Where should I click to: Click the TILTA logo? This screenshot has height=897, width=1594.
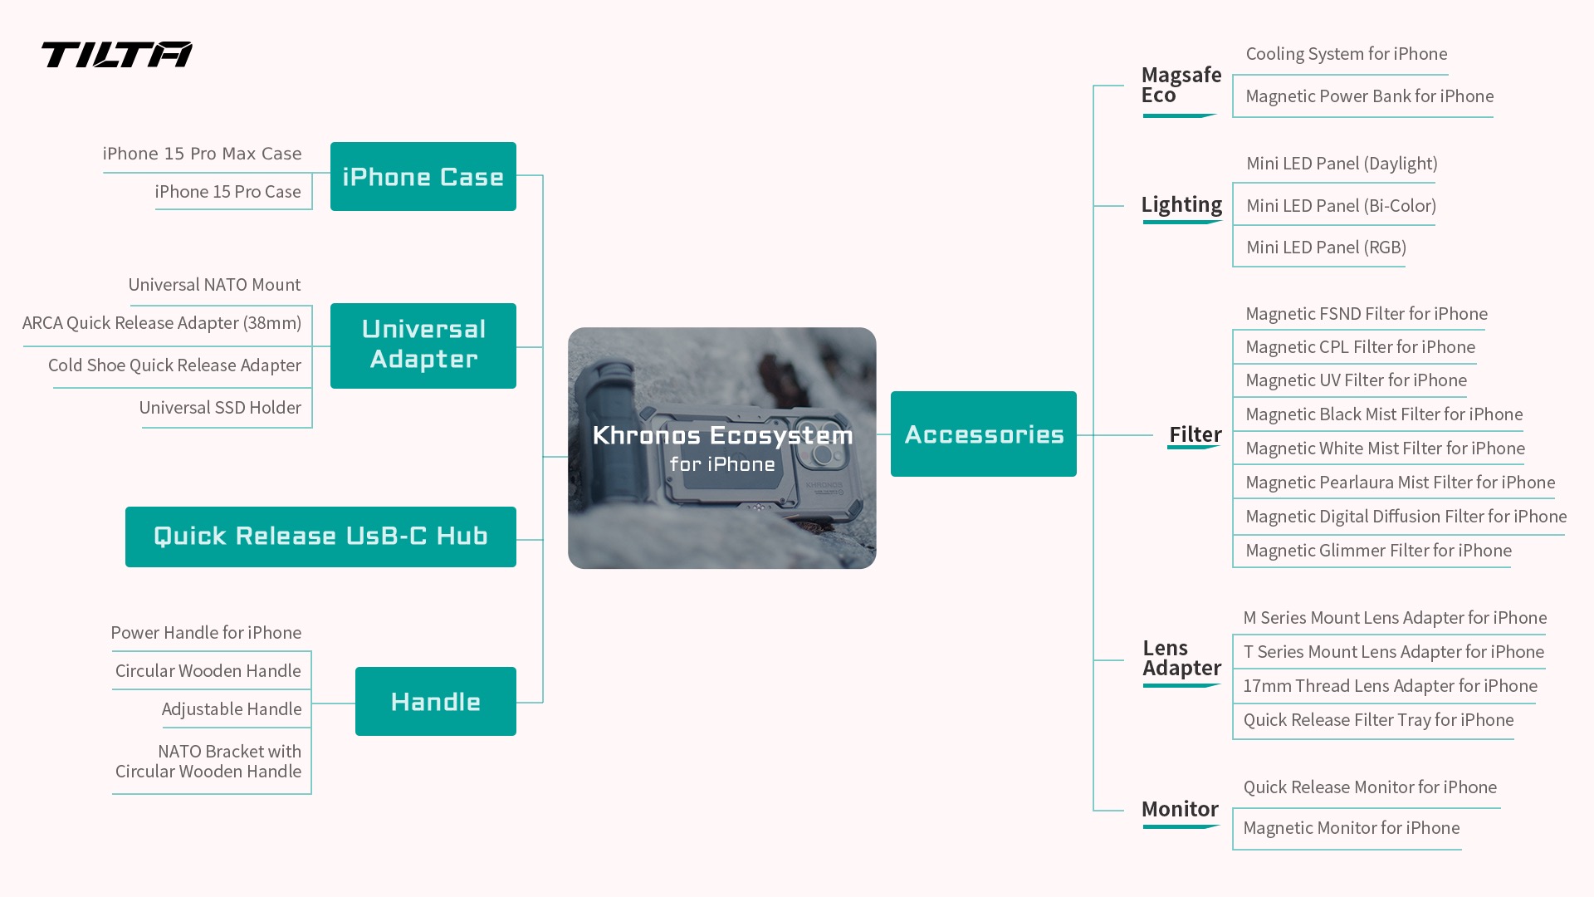pyautogui.click(x=117, y=55)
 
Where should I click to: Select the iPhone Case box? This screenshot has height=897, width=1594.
pyautogui.click(x=423, y=176)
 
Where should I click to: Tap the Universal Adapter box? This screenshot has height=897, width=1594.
pyautogui.click(x=423, y=346)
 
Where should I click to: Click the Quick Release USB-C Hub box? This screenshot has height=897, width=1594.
pyautogui.click(x=320, y=537)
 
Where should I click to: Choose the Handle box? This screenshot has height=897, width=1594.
pyautogui.click(x=436, y=701)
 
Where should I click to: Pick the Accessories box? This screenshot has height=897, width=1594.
pyautogui.click(x=984, y=434)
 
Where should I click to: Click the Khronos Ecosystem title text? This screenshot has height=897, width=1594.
pyautogui.click(x=722, y=435)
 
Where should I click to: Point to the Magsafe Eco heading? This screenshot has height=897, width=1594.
pyautogui.click(x=1181, y=85)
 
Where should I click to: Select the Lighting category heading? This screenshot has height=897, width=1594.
pyautogui.click(x=1181, y=204)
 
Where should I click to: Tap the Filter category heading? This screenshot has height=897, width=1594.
pyautogui.click(x=1195, y=434)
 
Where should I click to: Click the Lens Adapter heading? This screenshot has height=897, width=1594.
pyautogui.click(x=1182, y=658)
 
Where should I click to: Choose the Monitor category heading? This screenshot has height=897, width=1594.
pyautogui.click(x=1180, y=809)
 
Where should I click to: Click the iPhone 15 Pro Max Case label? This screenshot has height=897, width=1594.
pyautogui.click(x=203, y=154)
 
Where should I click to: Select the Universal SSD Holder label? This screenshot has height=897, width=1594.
pyautogui.click(x=220, y=408)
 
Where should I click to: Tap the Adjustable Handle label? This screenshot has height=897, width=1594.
pyautogui.click(x=232, y=709)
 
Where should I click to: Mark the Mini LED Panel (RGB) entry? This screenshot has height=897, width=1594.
pyautogui.click(x=1327, y=248)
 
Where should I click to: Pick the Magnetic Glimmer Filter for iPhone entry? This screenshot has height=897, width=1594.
pyautogui.click(x=1379, y=551)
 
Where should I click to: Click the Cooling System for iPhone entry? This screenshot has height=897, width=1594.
pyautogui.click(x=1347, y=54)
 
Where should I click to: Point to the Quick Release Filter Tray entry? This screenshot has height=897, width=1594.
pyautogui.click(x=1379, y=720)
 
